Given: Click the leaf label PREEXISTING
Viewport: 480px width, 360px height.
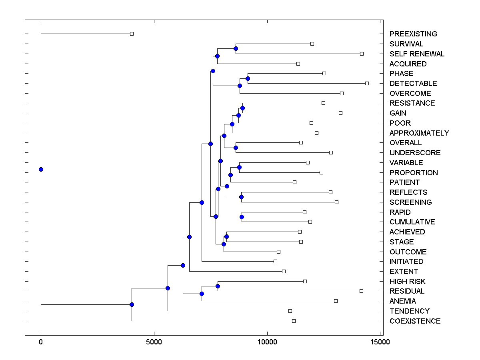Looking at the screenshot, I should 413,34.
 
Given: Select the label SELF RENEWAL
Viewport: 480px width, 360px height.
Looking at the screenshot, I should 417,54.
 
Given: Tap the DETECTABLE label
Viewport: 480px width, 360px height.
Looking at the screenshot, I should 413,84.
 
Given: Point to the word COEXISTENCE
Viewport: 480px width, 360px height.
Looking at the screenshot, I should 415,321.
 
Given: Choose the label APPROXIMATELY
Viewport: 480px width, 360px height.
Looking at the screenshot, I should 419,133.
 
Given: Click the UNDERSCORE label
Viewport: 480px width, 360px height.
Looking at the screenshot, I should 415,153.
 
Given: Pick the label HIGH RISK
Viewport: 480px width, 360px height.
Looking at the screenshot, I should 407,282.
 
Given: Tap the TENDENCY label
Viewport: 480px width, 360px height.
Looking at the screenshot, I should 409,311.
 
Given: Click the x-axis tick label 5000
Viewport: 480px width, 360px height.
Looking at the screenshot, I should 154,342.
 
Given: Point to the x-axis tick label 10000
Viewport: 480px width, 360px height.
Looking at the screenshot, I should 267,342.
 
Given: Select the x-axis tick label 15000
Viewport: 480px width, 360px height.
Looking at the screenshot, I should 380,342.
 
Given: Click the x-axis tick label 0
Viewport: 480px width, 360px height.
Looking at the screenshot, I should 41,342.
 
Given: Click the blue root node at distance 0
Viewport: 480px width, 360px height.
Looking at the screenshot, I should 41,169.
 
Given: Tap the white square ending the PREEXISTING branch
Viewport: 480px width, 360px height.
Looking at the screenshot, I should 132,34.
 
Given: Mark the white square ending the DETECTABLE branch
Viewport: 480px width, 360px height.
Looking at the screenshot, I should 367,83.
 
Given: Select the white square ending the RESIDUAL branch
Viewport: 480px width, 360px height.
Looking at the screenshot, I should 361,291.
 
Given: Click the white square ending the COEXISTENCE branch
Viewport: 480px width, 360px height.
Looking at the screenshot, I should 294,321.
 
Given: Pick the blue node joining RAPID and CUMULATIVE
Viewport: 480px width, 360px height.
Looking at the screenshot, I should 242,217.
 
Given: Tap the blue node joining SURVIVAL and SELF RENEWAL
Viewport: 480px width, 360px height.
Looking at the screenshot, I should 236,48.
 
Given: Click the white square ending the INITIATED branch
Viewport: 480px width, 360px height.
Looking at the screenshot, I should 275,261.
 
